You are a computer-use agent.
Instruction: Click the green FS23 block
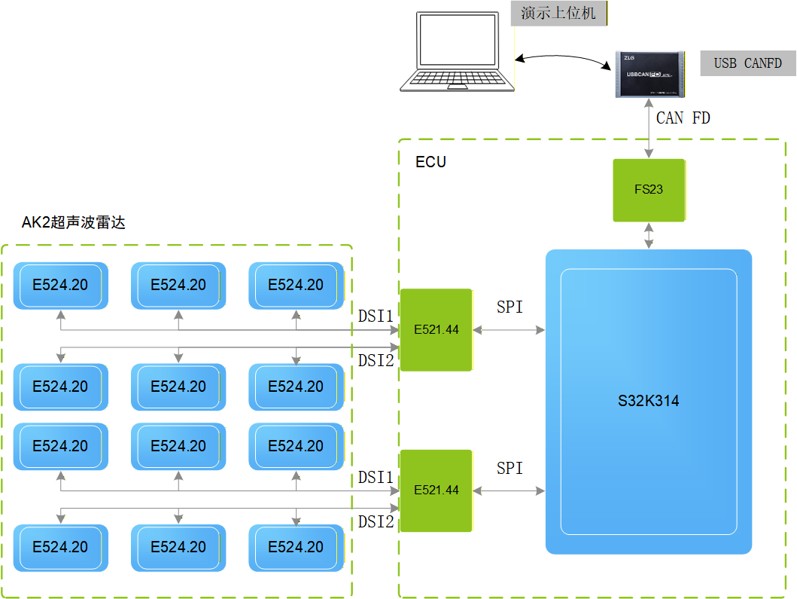click(649, 190)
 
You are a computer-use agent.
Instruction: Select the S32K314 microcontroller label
click(648, 401)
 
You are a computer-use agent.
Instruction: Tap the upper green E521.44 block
click(437, 330)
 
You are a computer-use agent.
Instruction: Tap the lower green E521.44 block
click(437, 491)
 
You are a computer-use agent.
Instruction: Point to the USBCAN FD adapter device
click(652, 75)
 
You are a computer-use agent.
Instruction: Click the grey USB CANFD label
click(747, 63)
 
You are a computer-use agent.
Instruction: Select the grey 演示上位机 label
click(558, 14)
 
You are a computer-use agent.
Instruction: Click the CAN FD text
click(683, 118)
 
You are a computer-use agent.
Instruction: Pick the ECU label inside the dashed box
click(430, 162)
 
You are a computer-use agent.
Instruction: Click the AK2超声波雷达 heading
click(73, 222)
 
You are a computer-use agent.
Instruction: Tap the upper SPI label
click(510, 307)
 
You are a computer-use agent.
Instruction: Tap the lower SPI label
click(510, 468)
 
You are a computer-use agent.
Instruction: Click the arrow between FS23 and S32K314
click(649, 235)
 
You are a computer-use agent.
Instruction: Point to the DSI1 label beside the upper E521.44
click(376, 316)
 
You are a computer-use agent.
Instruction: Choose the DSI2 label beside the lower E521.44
click(376, 521)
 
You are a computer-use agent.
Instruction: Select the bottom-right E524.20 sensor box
click(296, 547)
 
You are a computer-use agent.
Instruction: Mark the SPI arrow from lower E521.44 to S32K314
click(510, 491)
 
